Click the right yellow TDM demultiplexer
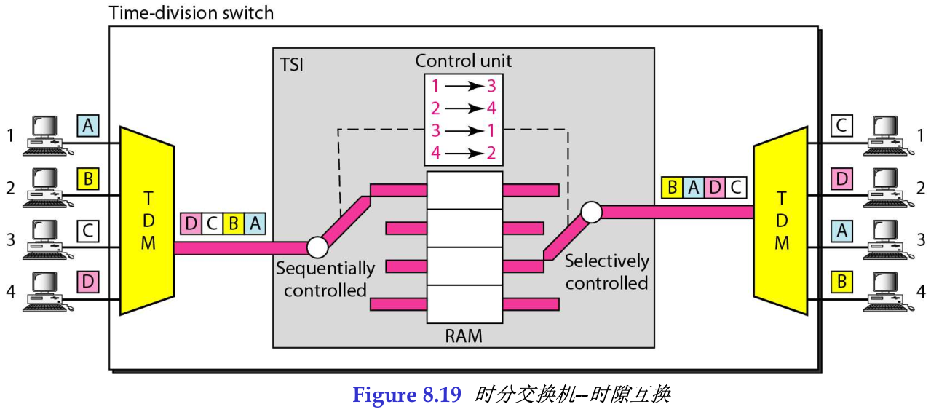[x=780, y=221]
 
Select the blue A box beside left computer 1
[x=88, y=127]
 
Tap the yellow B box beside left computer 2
[x=88, y=178]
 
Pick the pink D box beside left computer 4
[x=88, y=282]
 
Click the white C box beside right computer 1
[x=841, y=127]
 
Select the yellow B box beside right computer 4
[x=841, y=282]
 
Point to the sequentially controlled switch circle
[x=317, y=247]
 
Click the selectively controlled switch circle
[x=590, y=212]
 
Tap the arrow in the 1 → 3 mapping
[x=464, y=86]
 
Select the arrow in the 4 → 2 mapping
[x=464, y=154]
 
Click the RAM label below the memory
[x=464, y=336]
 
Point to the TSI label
[x=292, y=65]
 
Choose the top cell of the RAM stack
[x=464, y=190]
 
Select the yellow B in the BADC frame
[x=672, y=188]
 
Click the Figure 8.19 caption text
[x=406, y=395]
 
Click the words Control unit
[x=464, y=60]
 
